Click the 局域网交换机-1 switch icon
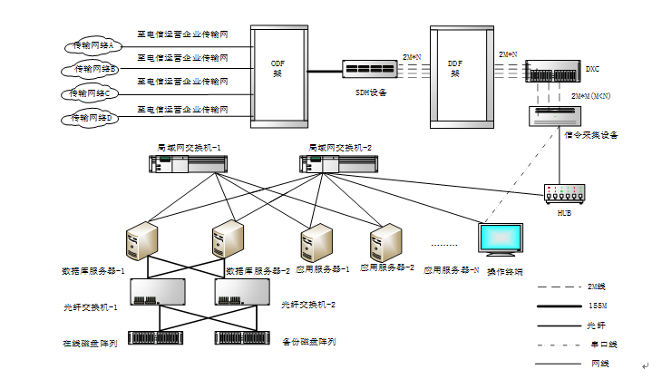[x=188, y=163]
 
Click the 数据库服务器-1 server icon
[x=142, y=241]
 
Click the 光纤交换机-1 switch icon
[x=158, y=291]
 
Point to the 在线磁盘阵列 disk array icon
[x=157, y=338]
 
